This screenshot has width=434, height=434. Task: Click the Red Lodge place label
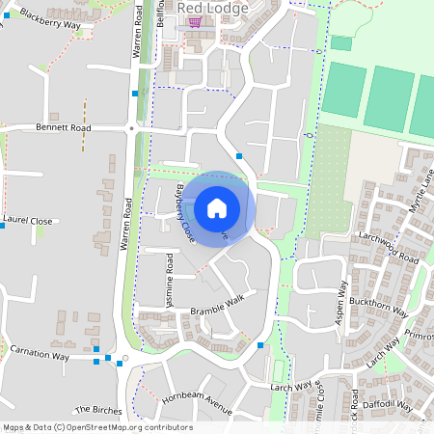coord(213,8)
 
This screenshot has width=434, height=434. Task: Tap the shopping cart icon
coord(195,21)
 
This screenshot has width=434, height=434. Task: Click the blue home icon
coord(217,207)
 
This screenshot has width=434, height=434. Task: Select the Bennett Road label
coord(63,126)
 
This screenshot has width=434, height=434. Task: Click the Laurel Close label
coord(28,220)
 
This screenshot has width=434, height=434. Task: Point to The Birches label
coord(98,410)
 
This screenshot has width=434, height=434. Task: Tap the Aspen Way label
coord(341,303)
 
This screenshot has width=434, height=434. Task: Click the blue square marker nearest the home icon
coord(239,155)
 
